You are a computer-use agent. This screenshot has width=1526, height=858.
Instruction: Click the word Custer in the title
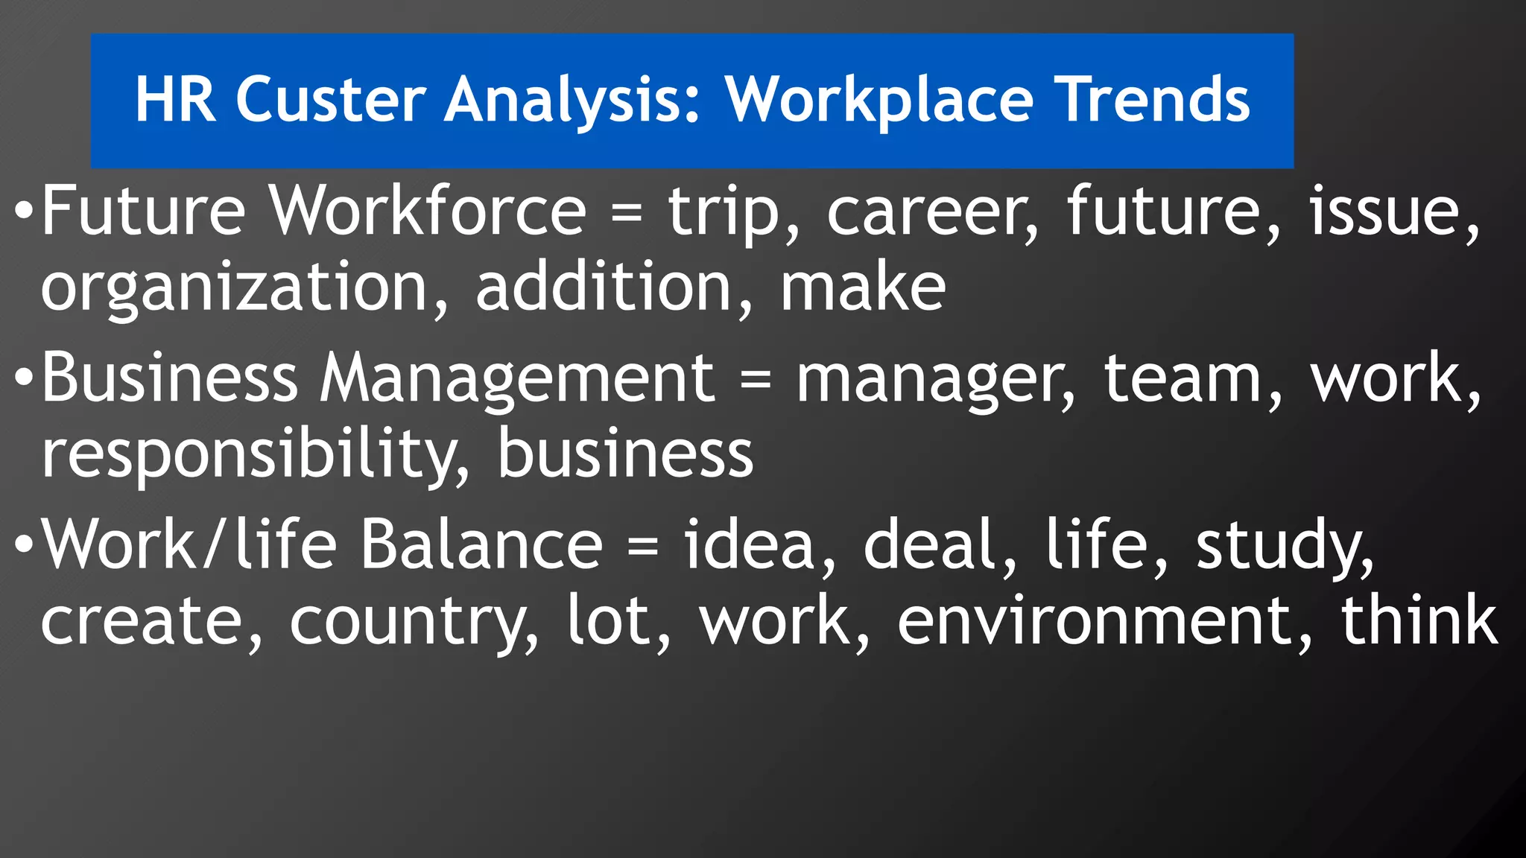330,99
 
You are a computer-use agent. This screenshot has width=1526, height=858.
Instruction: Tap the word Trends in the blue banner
1154,99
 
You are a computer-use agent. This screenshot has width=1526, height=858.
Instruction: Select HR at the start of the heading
176,99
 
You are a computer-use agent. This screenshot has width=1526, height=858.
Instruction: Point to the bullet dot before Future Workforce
24,212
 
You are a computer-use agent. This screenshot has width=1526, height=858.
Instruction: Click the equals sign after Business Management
756,379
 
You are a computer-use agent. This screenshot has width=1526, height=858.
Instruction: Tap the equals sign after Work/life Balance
643,545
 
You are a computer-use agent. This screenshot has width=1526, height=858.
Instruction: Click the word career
931,214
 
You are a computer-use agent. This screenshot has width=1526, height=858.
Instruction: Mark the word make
863,288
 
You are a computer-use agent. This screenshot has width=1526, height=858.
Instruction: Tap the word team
1191,379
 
